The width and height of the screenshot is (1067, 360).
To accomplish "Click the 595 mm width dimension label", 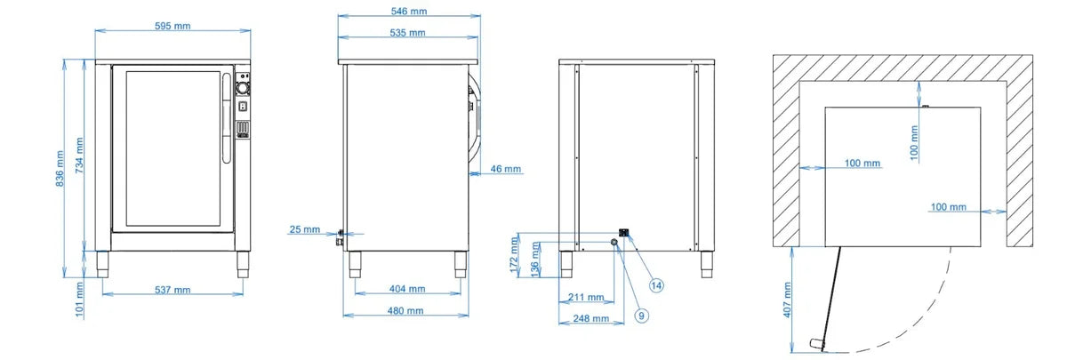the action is click(x=172, y=26).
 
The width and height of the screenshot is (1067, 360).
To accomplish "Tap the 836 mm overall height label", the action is click(x=60, y=169).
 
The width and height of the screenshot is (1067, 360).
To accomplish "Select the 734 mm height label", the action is click(x=79, y=156).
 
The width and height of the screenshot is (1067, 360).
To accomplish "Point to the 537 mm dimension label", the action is click(x=172, y=290).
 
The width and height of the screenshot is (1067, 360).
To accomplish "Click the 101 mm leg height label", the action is click(x=79, y=300).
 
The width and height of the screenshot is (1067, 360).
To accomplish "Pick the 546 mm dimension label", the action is click(x=409, y=11).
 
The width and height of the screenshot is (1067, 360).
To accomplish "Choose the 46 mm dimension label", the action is click(x=505, y=169).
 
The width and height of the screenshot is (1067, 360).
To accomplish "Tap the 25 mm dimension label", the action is click(x=305, y=229).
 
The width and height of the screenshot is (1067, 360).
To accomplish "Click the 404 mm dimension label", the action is click(x=407, y=289).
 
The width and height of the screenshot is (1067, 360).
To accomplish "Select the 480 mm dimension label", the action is click(x=405, y=310).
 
